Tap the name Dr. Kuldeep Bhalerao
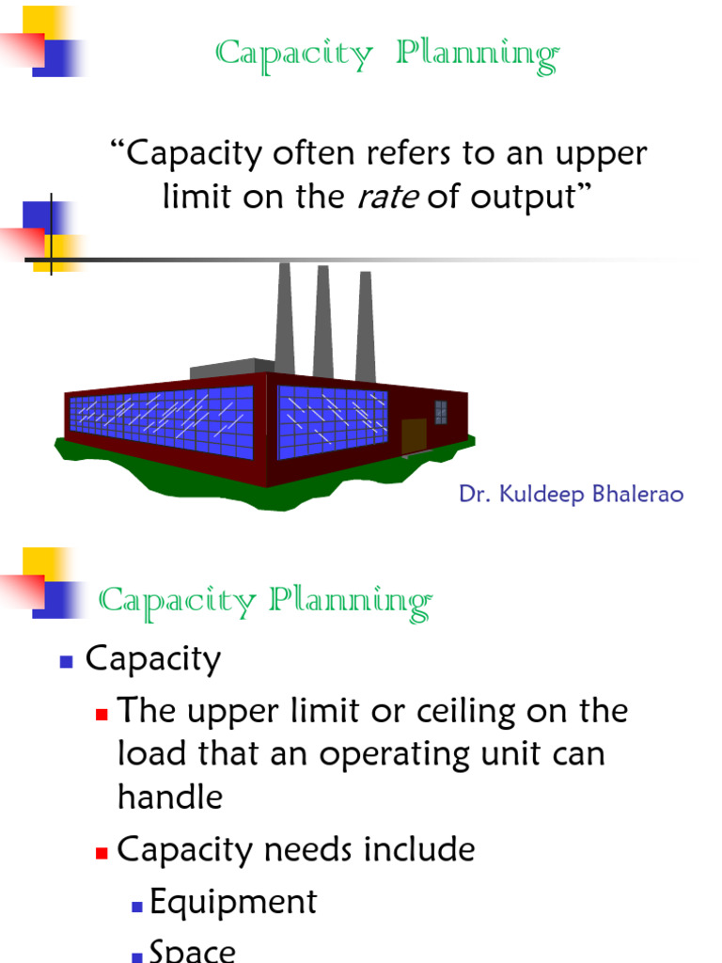point(571,494)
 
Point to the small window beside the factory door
point(440,412)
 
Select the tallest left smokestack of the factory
point(284,320)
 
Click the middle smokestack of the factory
point(323,324)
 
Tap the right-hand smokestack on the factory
point(366,329)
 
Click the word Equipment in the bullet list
point(233,902)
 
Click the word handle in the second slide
point(170,797)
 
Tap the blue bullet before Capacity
point(66,662)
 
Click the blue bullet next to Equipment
point(136,906)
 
